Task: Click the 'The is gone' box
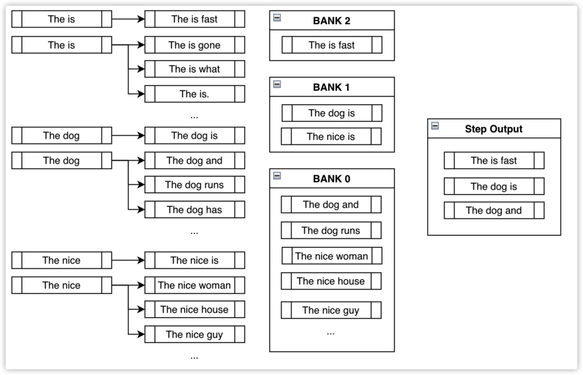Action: (194, 45)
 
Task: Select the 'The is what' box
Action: (194, 69)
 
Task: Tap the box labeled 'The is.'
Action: (194, 94)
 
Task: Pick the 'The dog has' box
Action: (194, 210)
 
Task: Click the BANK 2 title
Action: (331, 21)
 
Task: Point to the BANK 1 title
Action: (331, 88)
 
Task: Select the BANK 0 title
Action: (331, 179)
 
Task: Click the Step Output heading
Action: (493, 129)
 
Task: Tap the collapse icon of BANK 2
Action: (277, 17)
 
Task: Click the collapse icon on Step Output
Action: (435, 126)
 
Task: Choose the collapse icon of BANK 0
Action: (277, 176)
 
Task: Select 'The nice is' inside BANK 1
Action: (331, 137)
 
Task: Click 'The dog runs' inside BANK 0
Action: (331, 231)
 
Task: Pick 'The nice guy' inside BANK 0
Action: (331, 310)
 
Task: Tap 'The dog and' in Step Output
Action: (494, 211)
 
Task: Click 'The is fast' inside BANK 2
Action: (331, 45)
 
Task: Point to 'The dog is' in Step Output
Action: (494, 186)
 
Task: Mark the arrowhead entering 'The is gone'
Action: (141, 45)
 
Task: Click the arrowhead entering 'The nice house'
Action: (141, 310)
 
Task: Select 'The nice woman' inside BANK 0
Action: (331, 256)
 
